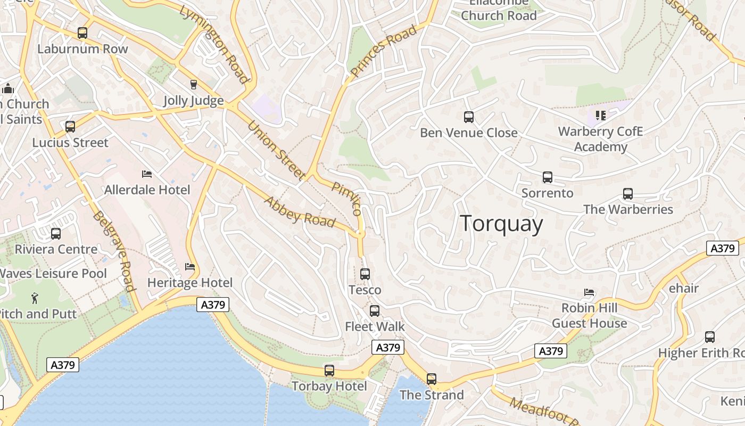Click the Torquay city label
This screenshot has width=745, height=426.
pyautogui.click(x=501, y=224)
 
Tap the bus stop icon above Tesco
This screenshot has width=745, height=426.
pyautogui.click(x=365, y=274)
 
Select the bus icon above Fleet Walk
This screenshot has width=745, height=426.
pyautogui.click(x=375, y=310)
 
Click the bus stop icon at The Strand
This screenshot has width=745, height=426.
pyautogui.click(x=432, y=379)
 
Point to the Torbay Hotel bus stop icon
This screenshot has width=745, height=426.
pyautogui.click(x=329, y=371)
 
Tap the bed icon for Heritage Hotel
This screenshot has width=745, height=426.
pyautogui.click(x=190, y=266)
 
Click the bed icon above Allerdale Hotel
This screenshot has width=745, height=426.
pyautogui.click(x=147, y=174)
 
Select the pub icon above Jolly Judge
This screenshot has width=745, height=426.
pyautogui.click(x=193, y=85)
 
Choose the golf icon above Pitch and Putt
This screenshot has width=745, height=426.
pyautogui.click(x=35, y=297)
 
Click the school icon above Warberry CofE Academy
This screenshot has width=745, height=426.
pyautogui.click(x=601, y=115)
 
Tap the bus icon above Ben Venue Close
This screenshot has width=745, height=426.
pyautogui.click(x=469, y=117)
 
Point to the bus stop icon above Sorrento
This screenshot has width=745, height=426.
pyautogui.click(x=548, y=177)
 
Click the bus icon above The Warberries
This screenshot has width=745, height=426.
pyautogui.click(x=628, y=194)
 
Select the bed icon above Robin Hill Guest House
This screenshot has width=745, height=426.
pyautogui.click(x=589, y=292)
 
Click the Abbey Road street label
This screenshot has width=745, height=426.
pyautogui.click(x=300, y=212)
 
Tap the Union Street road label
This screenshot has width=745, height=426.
pyautogui.click(x=277, y=150)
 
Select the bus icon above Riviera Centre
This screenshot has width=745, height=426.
pyautogui.click(x=56, y=233)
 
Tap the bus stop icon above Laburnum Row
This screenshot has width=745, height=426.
pyautogui.click(x=82, y=33)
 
